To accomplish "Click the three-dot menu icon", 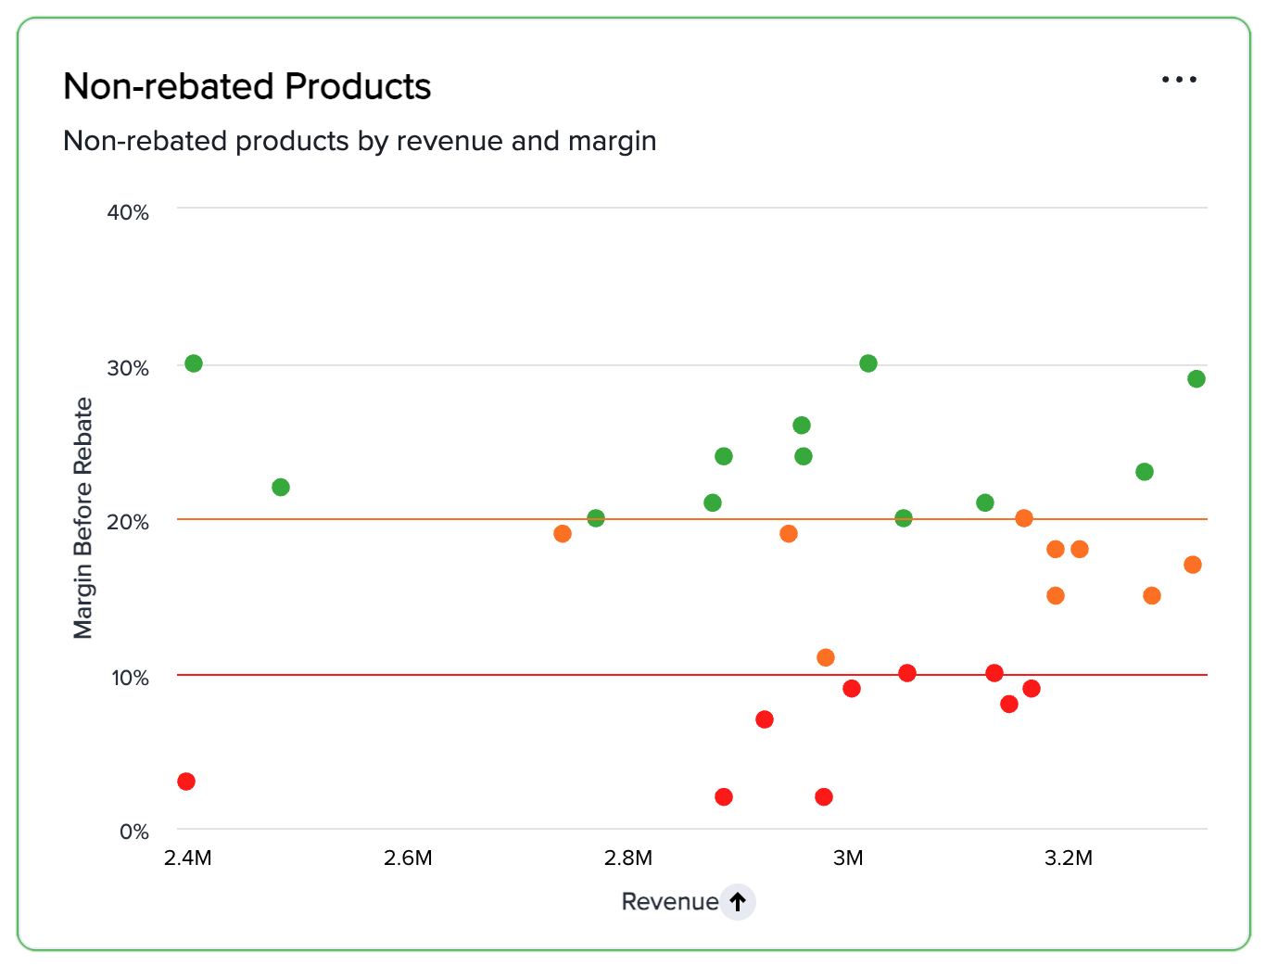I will click(1179, 80).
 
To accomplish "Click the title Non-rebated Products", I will click(247, 86).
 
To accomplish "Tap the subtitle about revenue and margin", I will click(360, 141).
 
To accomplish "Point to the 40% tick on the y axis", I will click(128, 212).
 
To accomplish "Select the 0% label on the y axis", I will click(134, 832).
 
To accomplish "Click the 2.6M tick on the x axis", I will click(408, 858).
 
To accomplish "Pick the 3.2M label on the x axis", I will click(1069, 858).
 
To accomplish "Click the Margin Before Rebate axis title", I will click(83, 517).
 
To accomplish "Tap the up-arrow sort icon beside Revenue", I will click(738, 901).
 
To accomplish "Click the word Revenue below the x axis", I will click(669, 901).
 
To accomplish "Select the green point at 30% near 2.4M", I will click(194, 363).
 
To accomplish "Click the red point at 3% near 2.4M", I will click(186, 782).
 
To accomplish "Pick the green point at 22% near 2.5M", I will click(281, 488).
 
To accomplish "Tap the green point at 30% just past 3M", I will click(868, 363).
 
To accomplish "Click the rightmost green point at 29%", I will click(1196, 379).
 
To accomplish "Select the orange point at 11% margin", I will click(826, 657).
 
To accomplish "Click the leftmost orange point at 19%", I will click(563, 534).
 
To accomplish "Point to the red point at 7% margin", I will click(765, 719).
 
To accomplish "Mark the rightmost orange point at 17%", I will click(1193, 565).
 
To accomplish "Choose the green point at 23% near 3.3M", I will click(1145, 472).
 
